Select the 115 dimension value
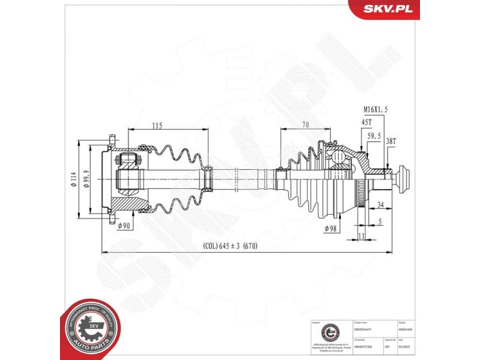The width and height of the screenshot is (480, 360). [x=158, y=125]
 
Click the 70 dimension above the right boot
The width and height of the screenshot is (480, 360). [x=305, y=125]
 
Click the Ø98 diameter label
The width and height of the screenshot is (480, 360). [x=331, y=229]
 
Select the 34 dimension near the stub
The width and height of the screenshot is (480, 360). [x=380, y=205]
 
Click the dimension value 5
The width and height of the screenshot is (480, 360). [x=380, y=221]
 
